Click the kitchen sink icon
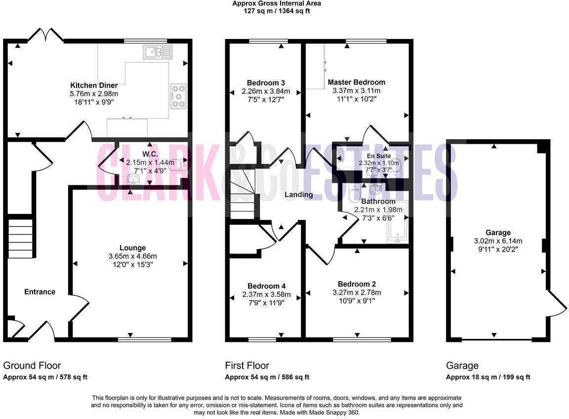pyautogui.click(x=158, y=51)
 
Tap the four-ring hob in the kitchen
pyautogui.click(x=178, y=96)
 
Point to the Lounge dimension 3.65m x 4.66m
pyautogui.click(x=132, y=256)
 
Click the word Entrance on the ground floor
pyautogui.click(x=40, y=292)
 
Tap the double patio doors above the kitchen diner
pyautogui.click(x=45, y=35)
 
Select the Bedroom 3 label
pyautogui.click(x=266, y=83)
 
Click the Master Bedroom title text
pyautogui.click(x=356, y=82)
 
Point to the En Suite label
pyautogui.click(x=378, y=156)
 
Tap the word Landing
pyautogui.click(x=299, y=195)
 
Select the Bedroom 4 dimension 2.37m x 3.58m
pyautogui.click(x=266, y=295)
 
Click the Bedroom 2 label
pyautogui.click(x=357, y=284)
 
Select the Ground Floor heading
pyautogui.click(x=32, y=366)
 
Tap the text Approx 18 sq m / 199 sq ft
pyautogui.click(x=488, y=377)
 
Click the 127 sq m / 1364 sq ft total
pyautogui.click(x=277, y=10)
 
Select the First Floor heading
pyautogui.click(x=247, y=366)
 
